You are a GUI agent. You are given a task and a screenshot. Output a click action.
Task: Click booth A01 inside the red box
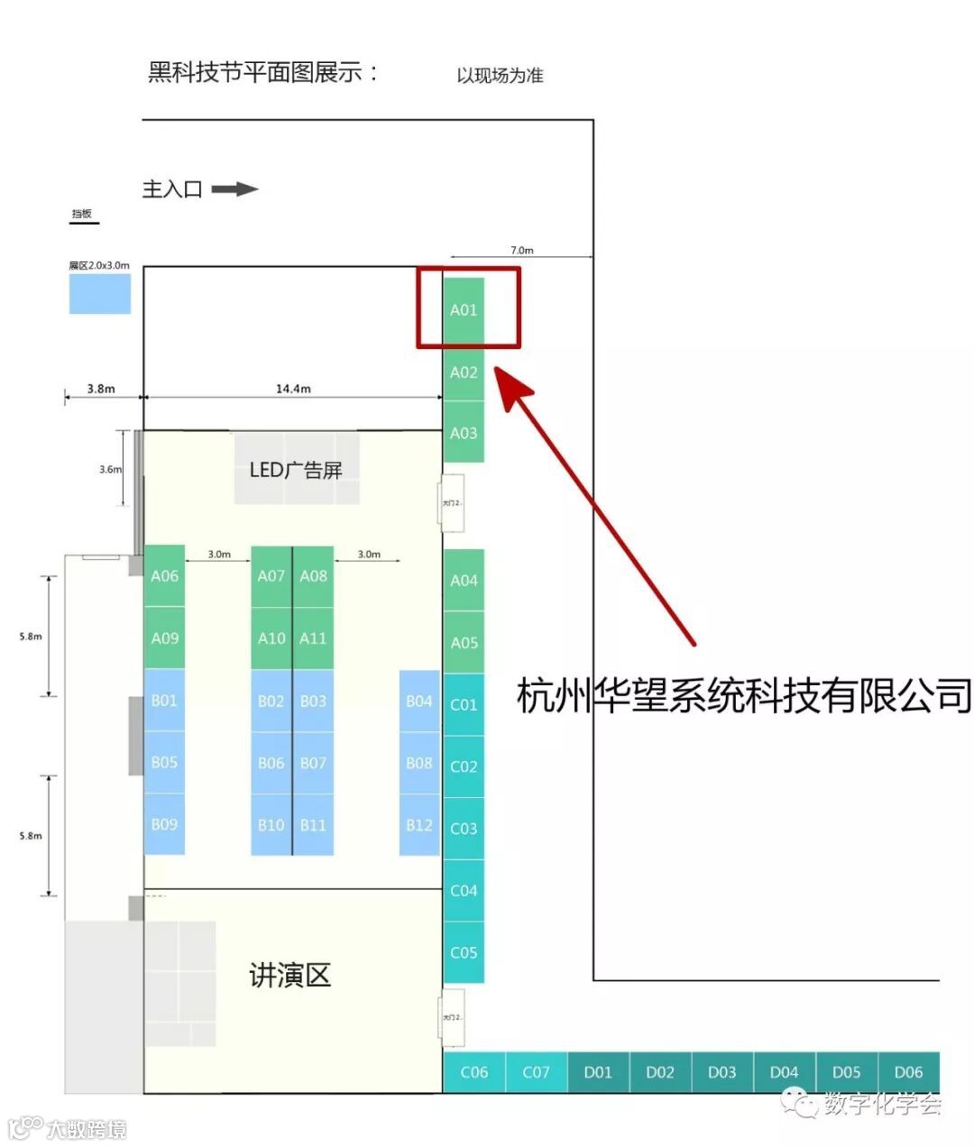coord(464,309)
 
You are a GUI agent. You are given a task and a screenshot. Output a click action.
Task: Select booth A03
coord(464,433)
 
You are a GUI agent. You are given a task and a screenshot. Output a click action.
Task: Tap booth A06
coord(164,575)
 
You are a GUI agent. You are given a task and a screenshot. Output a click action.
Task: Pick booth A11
coord(313,638)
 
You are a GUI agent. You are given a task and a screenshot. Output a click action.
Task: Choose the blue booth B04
coord(419,701)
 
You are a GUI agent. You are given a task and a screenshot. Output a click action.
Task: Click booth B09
coord(164,824)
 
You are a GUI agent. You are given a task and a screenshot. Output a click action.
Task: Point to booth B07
coord(313,763)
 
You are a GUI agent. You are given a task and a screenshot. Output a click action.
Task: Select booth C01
coord(464,704)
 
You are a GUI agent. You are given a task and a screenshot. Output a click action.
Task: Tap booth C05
coord(464,952)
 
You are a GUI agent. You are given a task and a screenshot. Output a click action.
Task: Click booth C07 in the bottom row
coord(536,1072)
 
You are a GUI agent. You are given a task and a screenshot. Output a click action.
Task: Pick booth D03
coord(721,1072)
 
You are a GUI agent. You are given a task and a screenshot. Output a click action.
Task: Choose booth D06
coord(908,1072)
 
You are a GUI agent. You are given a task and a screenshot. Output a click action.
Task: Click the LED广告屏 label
coord(296,470)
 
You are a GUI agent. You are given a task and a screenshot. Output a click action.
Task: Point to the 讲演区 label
coord(290,975)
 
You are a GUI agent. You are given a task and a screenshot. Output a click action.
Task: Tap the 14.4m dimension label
coord(293,389)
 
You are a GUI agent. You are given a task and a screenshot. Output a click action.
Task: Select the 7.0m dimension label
coord(522,250)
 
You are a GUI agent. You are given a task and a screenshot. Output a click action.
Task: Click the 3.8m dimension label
coord(101,389)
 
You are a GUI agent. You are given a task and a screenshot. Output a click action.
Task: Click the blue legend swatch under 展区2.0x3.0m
coord(100,294)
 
